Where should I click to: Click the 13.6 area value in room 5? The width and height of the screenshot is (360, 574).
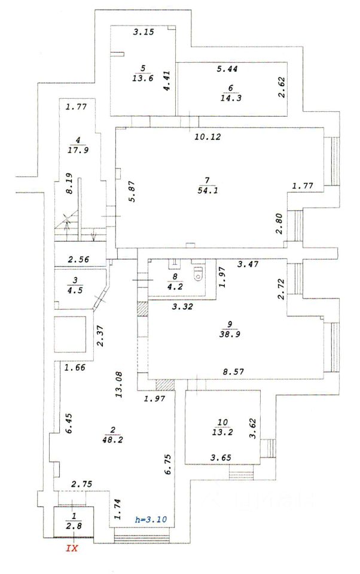point(143,77)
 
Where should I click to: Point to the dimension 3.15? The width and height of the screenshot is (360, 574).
point(144,32)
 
